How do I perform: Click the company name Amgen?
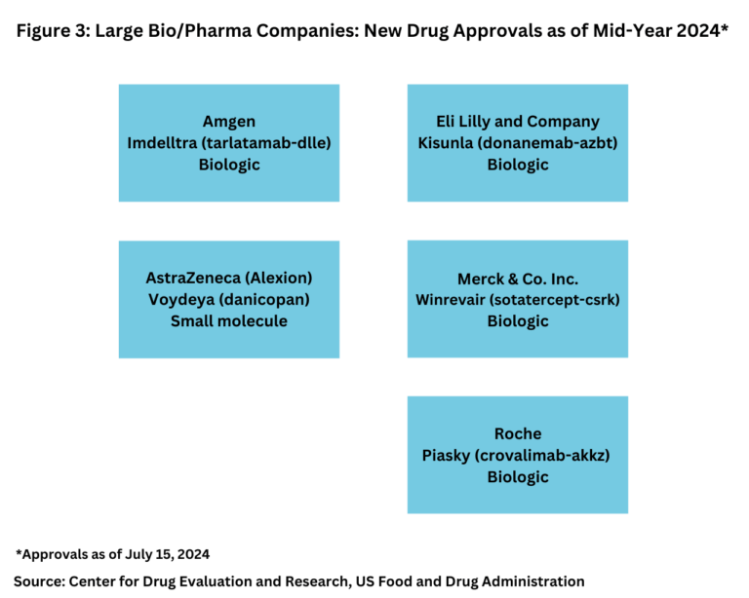point(229,122)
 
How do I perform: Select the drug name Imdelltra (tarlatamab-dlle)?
point(229,143)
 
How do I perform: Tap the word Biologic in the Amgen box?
point(229,165)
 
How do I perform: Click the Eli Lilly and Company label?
point(518,122)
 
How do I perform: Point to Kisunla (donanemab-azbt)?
point(518,143)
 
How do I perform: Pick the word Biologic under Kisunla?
point(518,165)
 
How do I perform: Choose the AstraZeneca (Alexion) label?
point(229,278)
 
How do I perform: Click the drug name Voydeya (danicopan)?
point(229,299)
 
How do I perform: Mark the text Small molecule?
point(229,320)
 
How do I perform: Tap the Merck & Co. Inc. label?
point(518,279)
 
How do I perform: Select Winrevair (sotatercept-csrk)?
point(518,299)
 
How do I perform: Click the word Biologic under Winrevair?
point(518,320)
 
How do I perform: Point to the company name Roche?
point(518,433)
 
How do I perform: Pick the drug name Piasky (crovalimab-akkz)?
point(518,455)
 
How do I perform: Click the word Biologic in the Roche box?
point(518,476)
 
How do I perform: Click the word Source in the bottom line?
point(45,580)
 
